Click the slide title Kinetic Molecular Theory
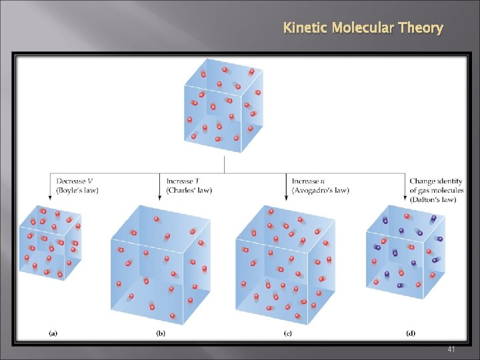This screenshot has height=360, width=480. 363,28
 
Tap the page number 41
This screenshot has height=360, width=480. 451,349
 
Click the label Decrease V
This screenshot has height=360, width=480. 75,181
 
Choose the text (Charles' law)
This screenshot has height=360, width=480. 189,191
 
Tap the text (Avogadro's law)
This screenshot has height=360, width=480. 320,191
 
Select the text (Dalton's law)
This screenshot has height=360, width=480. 433,199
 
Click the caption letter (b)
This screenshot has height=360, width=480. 160,332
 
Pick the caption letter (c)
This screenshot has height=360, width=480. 287,332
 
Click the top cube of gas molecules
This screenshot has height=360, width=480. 223,105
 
